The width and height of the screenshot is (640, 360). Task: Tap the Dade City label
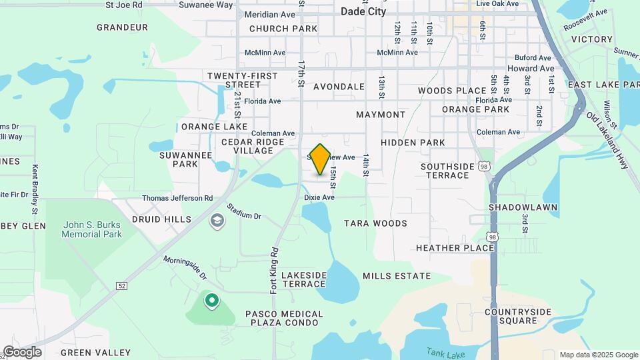pyautogui.click(x=363, y=11)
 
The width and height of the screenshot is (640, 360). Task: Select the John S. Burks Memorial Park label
pyautogui.click(x=91, y=230)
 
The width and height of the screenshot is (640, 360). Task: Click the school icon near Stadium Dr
pyautogui.click(x=217, y=221)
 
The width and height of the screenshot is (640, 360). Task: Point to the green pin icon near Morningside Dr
pyautogui.click(x=212, y=302)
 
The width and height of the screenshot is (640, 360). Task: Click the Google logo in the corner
pyautogui.click(x=21, y=351)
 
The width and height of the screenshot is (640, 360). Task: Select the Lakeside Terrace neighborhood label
pyautogui.click(x=304, y=279)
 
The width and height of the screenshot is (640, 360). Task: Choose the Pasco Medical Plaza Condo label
pyautogui.click(x=284, y=319)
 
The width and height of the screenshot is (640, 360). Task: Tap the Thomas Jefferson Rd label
pyautogui.click(x=177, y=198)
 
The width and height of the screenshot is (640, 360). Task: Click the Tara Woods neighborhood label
pyautogui.click(x=375, y=223)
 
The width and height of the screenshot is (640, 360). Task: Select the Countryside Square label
pyautogui.click(x=518, y=316)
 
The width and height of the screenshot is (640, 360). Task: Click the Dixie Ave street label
pyautogui.click(x=319, y=198)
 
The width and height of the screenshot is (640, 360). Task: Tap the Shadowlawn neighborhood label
pyautogui.click(x=523, y=207)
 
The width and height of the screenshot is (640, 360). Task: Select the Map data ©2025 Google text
pyautogui.click(x=599, y=355)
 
